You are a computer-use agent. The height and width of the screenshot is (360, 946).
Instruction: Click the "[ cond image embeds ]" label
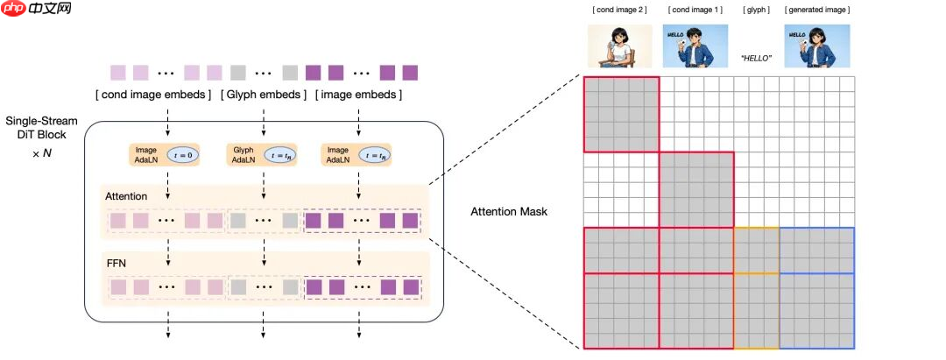153,94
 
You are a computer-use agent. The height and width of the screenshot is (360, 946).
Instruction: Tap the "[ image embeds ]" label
359,94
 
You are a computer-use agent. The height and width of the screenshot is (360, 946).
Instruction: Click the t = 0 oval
184,155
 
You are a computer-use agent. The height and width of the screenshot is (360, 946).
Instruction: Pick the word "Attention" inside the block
126,196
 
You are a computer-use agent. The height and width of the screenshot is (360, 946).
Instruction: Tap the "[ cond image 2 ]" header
618,10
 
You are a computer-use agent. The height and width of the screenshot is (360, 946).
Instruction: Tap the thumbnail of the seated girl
618,46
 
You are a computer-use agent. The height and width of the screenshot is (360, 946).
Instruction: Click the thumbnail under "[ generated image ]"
817,46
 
